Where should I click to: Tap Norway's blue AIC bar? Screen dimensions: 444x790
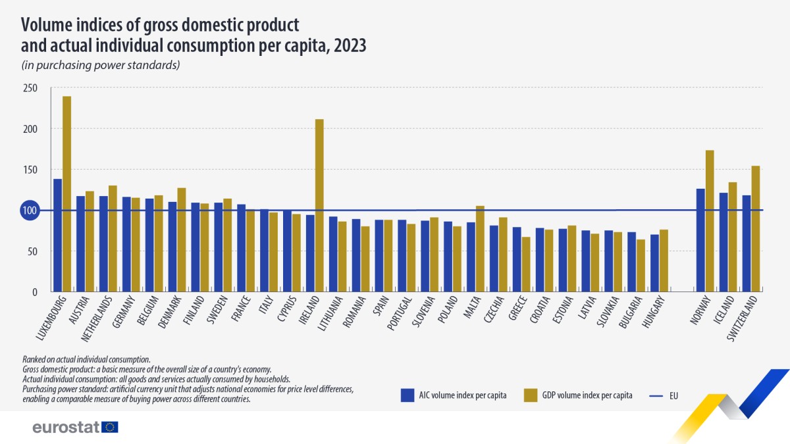pyautogui.click(x=700, y=240)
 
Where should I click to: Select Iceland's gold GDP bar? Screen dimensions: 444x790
pyautogui.click(x=733, y=237)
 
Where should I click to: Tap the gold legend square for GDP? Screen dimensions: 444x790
pyautogui.click(x=531, y=395)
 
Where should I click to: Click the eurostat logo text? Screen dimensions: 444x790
pyautogui.click(x=66, y=427)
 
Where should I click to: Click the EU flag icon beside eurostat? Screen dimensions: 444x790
pyautogui.click(x=111, y=427)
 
